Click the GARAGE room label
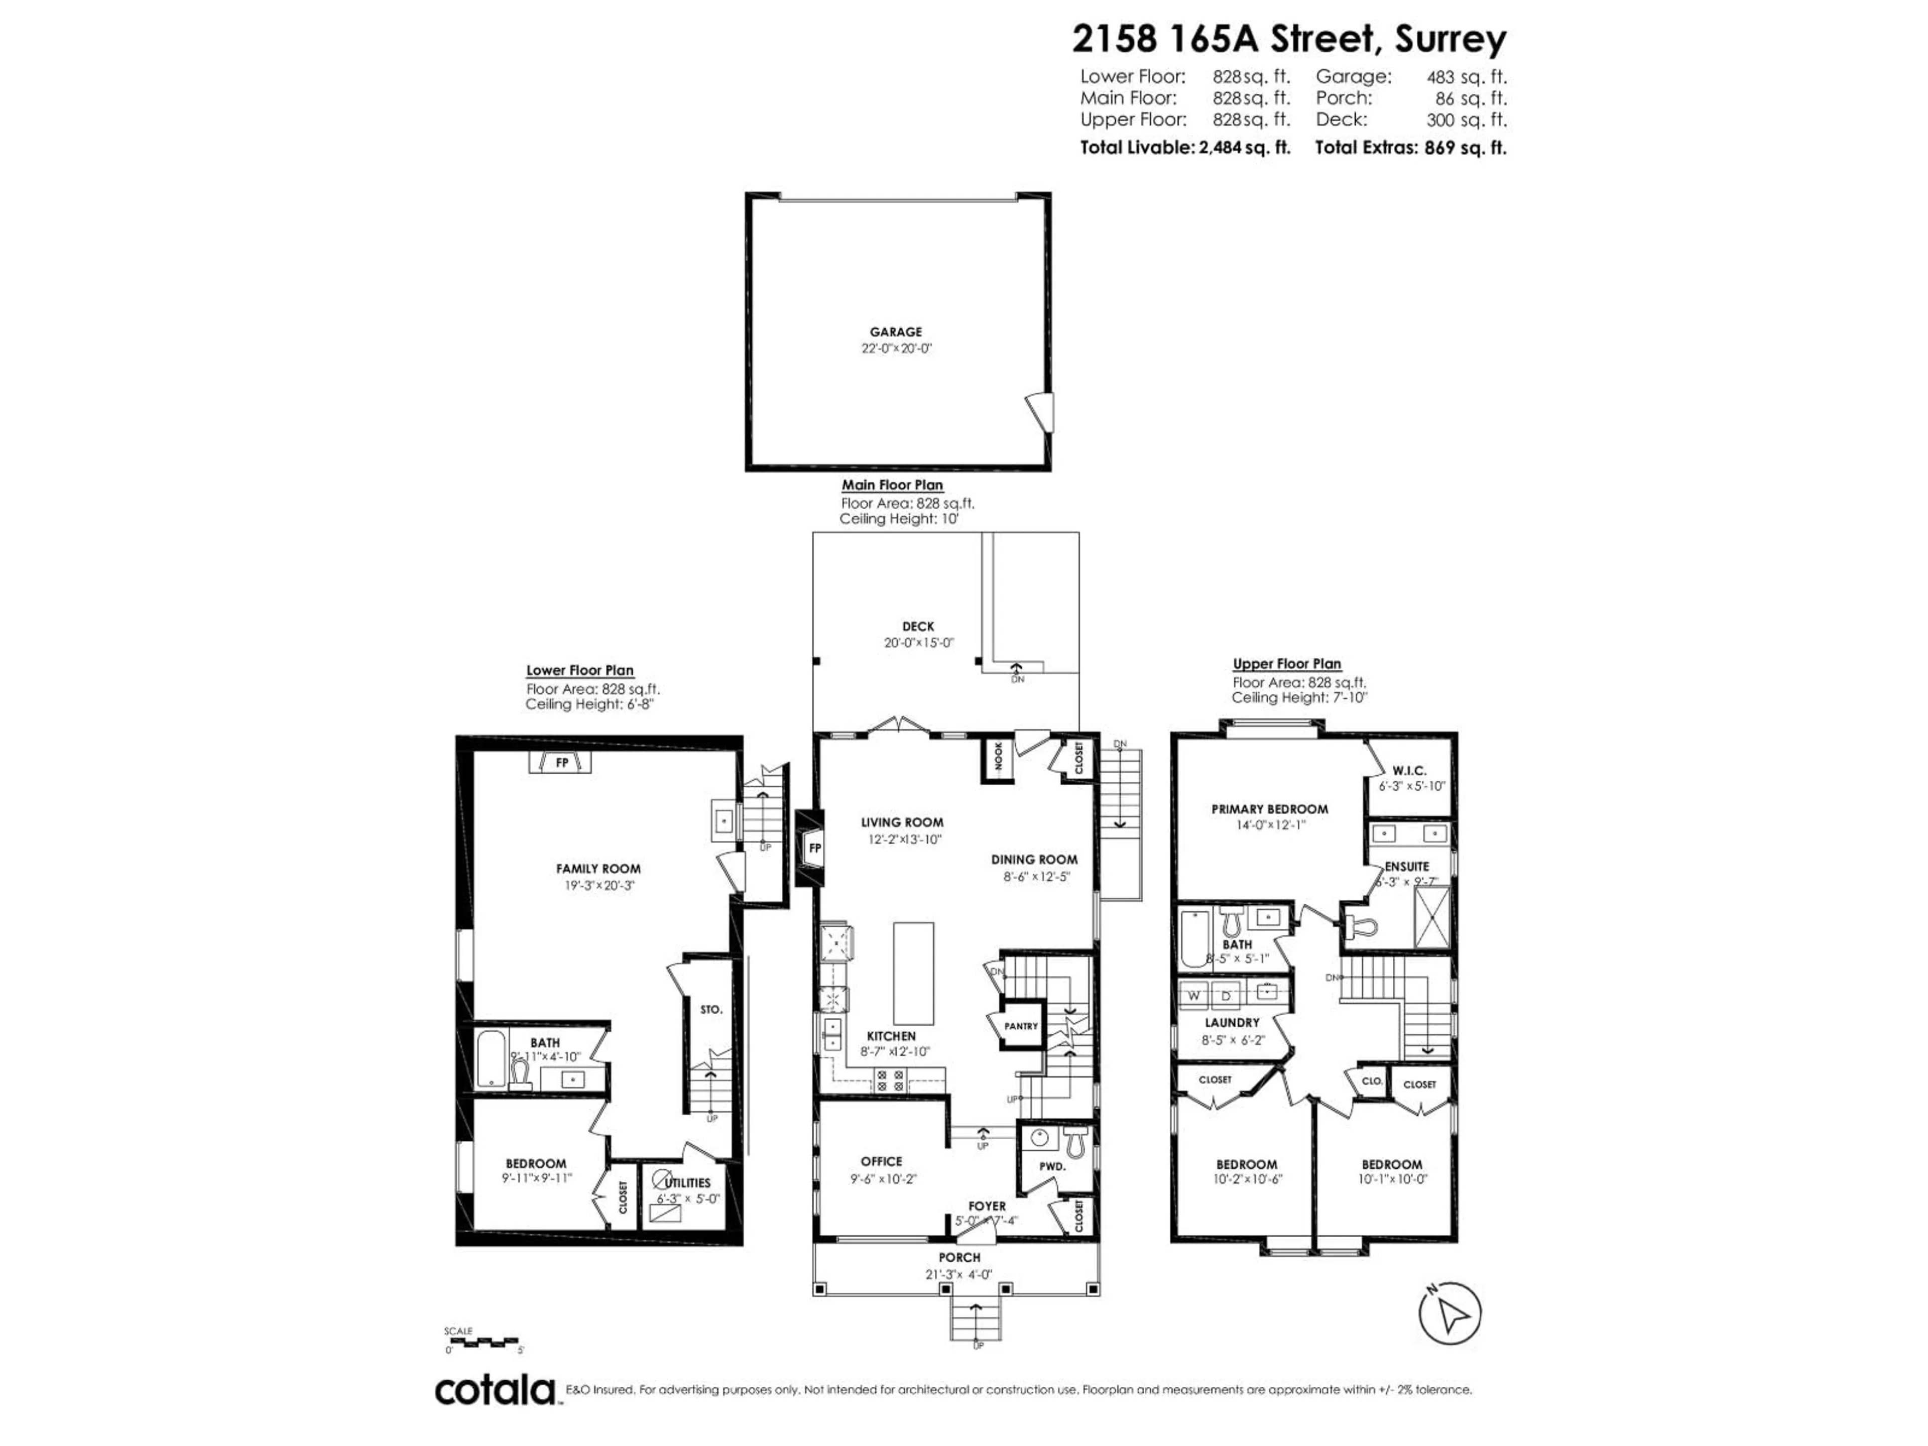point(895,332)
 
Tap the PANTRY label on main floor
point(1021,1026)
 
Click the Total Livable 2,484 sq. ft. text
point(1184,147)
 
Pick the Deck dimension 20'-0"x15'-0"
point(919,643)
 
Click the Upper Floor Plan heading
point(1286,663)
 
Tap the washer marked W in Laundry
point(1194,995)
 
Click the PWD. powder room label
point(1052,1166)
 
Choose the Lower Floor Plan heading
point(579,670)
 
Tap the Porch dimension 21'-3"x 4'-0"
point(959,1274)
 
